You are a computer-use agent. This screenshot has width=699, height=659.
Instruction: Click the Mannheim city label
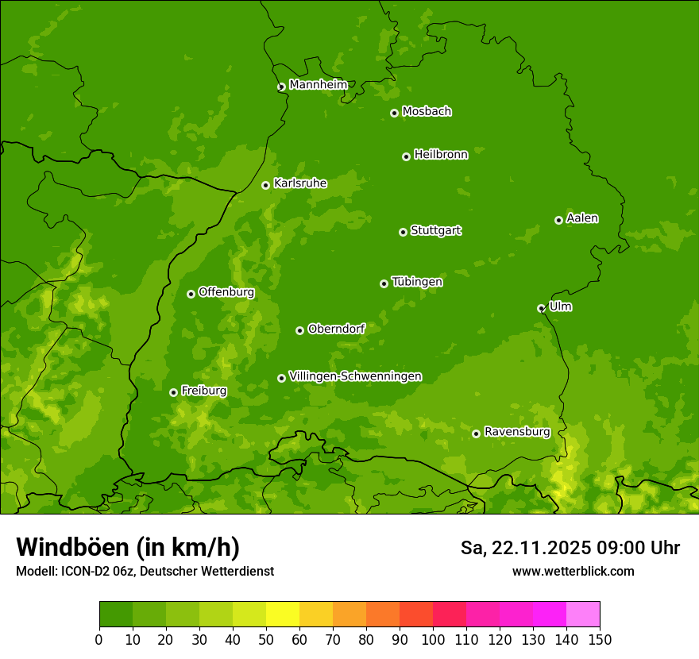coord(318,85)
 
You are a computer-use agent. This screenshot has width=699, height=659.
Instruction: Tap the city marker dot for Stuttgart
coord(403,232)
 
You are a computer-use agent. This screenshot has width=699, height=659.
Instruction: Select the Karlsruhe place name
coord(299,183)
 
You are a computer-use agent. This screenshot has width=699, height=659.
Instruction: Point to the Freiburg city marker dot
coord(173,392)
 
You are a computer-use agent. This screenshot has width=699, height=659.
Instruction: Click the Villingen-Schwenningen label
coord(355,376)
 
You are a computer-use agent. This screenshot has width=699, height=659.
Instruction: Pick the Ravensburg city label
coord(516,432)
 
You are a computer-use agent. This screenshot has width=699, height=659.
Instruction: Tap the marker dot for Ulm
coord(541,308)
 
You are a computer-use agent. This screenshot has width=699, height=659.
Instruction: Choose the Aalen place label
coord(581,218)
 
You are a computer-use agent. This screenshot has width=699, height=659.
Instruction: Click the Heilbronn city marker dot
coord(406,156)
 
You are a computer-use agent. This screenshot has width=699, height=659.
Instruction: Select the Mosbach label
coord(426,112)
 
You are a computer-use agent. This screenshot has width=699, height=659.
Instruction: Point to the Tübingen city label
coord(416,282)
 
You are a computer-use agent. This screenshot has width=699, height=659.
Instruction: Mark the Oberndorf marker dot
coord(299,330)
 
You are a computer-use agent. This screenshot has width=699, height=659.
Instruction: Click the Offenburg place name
coord(226,292)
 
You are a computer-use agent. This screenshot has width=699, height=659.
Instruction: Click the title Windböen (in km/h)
coord(128,547)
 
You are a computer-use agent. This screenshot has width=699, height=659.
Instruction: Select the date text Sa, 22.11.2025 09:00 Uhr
coord(570,548)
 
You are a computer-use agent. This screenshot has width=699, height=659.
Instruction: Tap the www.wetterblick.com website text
coord(573,571)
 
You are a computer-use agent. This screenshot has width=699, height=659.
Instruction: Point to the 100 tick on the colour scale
coord(433,639)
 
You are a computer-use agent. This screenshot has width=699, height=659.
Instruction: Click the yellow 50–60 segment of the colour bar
coord(283,615)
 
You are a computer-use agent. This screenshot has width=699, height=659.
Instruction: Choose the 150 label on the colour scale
coord(599,639)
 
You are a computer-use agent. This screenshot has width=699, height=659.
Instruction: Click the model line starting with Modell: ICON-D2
coord(145,571)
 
